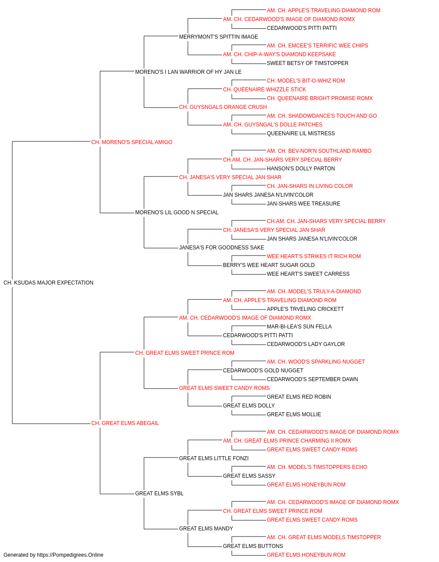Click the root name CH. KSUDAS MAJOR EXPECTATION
pos(48,283)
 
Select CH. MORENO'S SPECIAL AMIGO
pos(132,142)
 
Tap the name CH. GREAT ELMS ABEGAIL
pos(125,423)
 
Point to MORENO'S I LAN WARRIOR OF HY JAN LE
pos(188,72)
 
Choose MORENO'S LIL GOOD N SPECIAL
pos(177,213)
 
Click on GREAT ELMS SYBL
pos(159,494)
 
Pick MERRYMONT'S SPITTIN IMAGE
pos(219,37)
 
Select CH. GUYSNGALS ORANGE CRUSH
pos(223,107)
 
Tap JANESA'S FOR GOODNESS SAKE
pos(222,248)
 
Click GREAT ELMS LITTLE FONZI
pos(214,458)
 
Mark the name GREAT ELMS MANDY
pos(206,529)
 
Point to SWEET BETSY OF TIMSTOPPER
pos(308,63)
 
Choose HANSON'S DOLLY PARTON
pos(301,168)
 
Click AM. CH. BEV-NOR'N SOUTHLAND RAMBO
pos(319,151)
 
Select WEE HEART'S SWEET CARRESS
pos(308,274)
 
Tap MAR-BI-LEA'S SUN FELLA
pos(299,327)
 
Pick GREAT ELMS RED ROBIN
pos(299,397)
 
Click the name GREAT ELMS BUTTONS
pos(253,546)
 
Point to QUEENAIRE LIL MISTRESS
pos(301,133)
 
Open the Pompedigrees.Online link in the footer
pos(70,555)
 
